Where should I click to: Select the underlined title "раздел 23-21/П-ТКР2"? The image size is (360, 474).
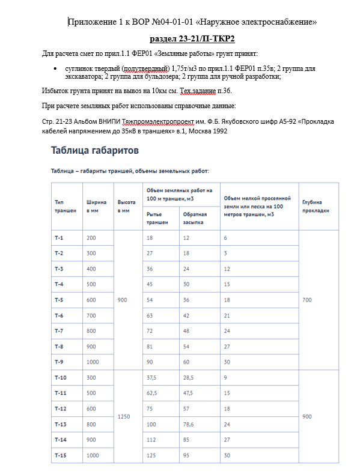pyautogui.click(x=192, y=38)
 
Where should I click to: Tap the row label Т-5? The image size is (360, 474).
pyautogui.click(x=59, y=300)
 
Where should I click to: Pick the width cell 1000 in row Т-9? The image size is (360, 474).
pyautogui.click(x=93, y=362)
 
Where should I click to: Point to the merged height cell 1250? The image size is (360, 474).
pyautogui.click(x=124, y=416)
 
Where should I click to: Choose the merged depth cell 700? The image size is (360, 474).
pyautogui.click(x=307, y=299)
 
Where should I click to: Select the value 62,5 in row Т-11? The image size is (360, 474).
pyautogui.click(x=153, y=393)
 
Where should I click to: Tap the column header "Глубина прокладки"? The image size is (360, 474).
pyautogui.click(x=316, y=206)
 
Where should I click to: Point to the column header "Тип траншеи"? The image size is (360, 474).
pyautogui.click(x=65, y=206)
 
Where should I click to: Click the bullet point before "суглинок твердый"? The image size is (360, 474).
pyautogui.click(x=55, y=69)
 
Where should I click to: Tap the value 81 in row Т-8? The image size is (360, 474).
pyautogui.click(x=150, y=346)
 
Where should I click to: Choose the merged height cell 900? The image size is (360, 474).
pyautogui.click(x=123, y=299)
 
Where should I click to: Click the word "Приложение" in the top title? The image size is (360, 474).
pyautogui.click(x=90, y=23)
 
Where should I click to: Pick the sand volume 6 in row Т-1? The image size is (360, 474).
pyautogui.click(x=225, y=238)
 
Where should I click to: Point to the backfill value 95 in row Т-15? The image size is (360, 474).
pyautogui.click(x=187, y=455)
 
